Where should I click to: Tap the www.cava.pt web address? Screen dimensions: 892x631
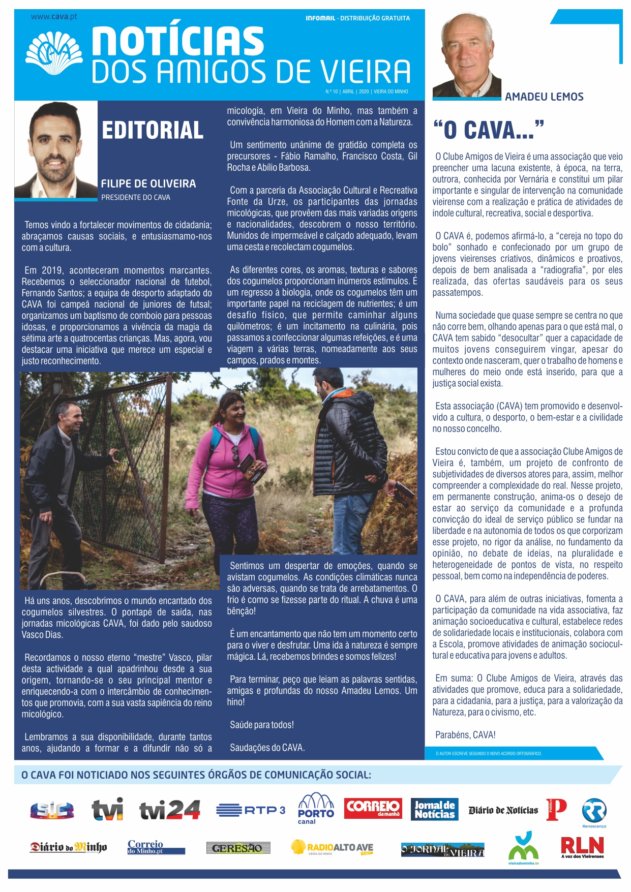point(54,16)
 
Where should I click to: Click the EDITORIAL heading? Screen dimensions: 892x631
point(153,131)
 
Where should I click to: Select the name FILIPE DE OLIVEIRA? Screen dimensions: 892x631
point(148,183)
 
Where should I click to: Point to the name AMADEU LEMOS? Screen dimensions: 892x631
point(544,97)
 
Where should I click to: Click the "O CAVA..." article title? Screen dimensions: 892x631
point(488,130)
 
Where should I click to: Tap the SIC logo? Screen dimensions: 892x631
point(52,810)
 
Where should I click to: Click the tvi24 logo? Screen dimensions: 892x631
point(170,810)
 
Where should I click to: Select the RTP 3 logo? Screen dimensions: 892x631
point(251,810)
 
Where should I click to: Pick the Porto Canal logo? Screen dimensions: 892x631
point(316,808)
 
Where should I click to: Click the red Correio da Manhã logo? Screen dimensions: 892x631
point(373,808)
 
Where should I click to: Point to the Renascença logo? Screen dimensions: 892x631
point(594,812)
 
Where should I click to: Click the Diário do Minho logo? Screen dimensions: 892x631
point(68,847)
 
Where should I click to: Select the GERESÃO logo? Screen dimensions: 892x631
point(237,848)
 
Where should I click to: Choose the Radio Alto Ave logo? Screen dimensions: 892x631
point(333,848)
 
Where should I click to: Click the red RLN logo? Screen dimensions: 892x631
point(582,847)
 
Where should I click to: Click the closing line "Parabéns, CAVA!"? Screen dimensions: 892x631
point(465,735)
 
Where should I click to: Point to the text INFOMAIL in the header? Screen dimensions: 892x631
point(320,18)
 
